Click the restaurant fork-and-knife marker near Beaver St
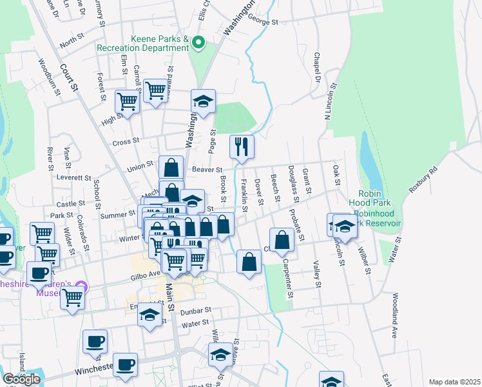pos(242,146)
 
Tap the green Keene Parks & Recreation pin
pos(199,44)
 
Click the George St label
pos(262,22)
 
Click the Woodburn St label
pos(50,77)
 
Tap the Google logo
pos(22,379)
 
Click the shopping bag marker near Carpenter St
pos(282,241)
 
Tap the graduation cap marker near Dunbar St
pos(150,315)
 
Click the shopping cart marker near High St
pos(128,101)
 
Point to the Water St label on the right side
pos(390,249)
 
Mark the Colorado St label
pos(83,233)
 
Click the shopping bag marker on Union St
pos(171,168)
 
